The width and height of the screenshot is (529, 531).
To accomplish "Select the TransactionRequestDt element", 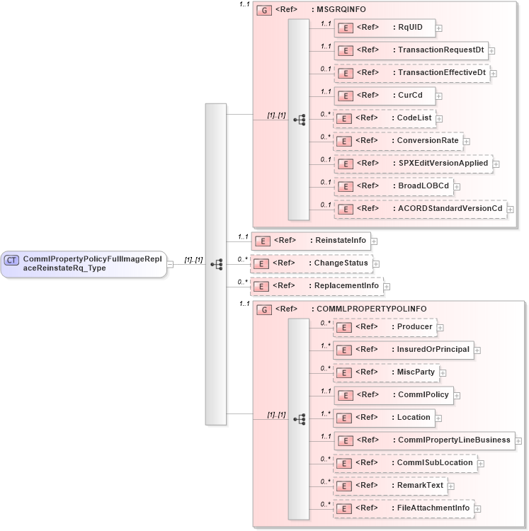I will pos(411,50).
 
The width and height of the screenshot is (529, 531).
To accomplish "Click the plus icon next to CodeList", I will pos(440,119).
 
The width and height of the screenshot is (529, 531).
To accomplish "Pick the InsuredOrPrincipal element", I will pos(403,349).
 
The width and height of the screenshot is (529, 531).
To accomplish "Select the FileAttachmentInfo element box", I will pos(403,508).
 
